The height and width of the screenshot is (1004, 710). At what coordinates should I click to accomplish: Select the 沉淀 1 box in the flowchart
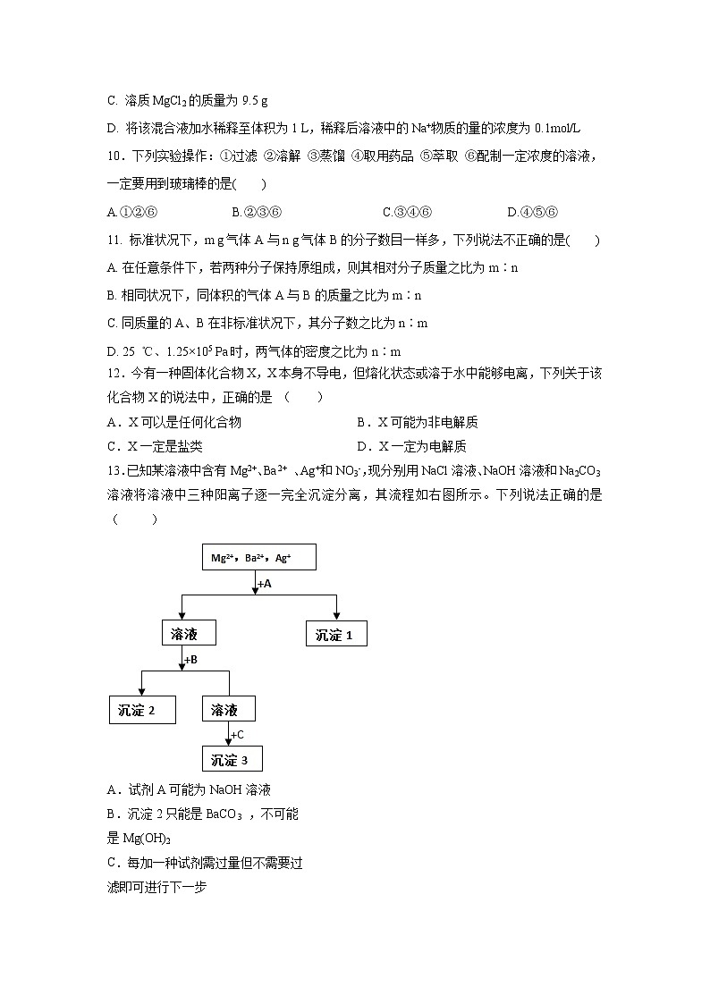tap(335, 635)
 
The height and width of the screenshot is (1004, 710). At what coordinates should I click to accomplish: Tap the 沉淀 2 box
tap(142, 710)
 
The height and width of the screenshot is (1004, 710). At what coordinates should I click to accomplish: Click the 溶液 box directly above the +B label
tap(191, 634)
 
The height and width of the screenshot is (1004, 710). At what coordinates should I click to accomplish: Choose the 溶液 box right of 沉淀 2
tap(229, 710)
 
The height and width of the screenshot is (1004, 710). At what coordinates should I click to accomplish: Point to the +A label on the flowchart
tap(264, 583)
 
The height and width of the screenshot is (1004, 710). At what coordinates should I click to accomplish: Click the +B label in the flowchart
tap(190, 660)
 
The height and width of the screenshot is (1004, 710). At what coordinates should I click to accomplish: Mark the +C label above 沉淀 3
tap(237, 735)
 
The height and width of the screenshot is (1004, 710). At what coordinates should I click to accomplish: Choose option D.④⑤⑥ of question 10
tap(532, 212)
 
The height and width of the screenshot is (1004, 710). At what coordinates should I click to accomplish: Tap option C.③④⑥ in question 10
tap(408, 212)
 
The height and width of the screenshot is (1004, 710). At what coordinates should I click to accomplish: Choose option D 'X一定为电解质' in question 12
tap(411, 446)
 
